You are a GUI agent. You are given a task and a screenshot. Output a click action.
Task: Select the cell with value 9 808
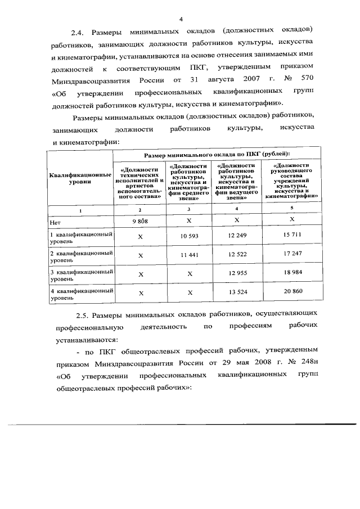[x=140, y=222]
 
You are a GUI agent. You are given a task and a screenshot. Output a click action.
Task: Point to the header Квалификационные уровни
[x=80, y=179]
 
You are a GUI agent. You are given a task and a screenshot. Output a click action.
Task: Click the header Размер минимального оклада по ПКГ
[x=217, y=154]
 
